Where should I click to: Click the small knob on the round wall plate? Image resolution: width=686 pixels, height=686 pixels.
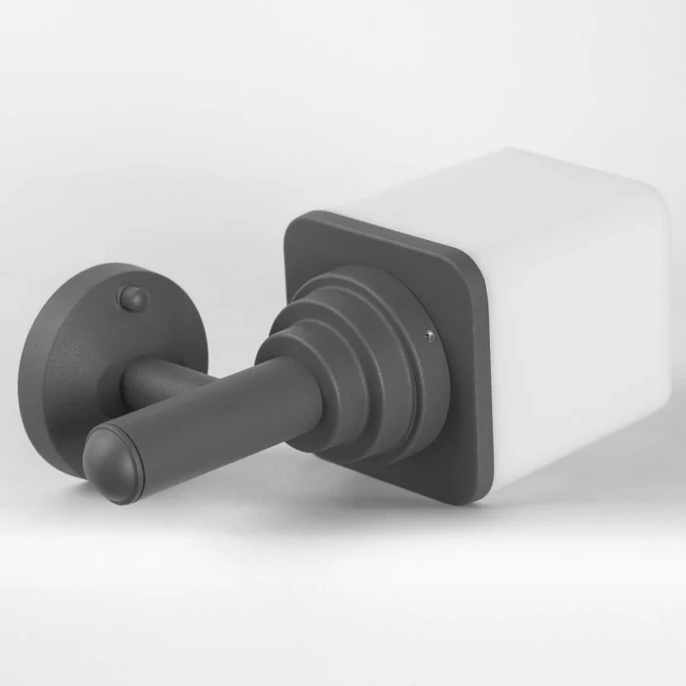tap(130, 298)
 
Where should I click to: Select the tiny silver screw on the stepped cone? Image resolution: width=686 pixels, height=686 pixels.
tap(428, 336)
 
